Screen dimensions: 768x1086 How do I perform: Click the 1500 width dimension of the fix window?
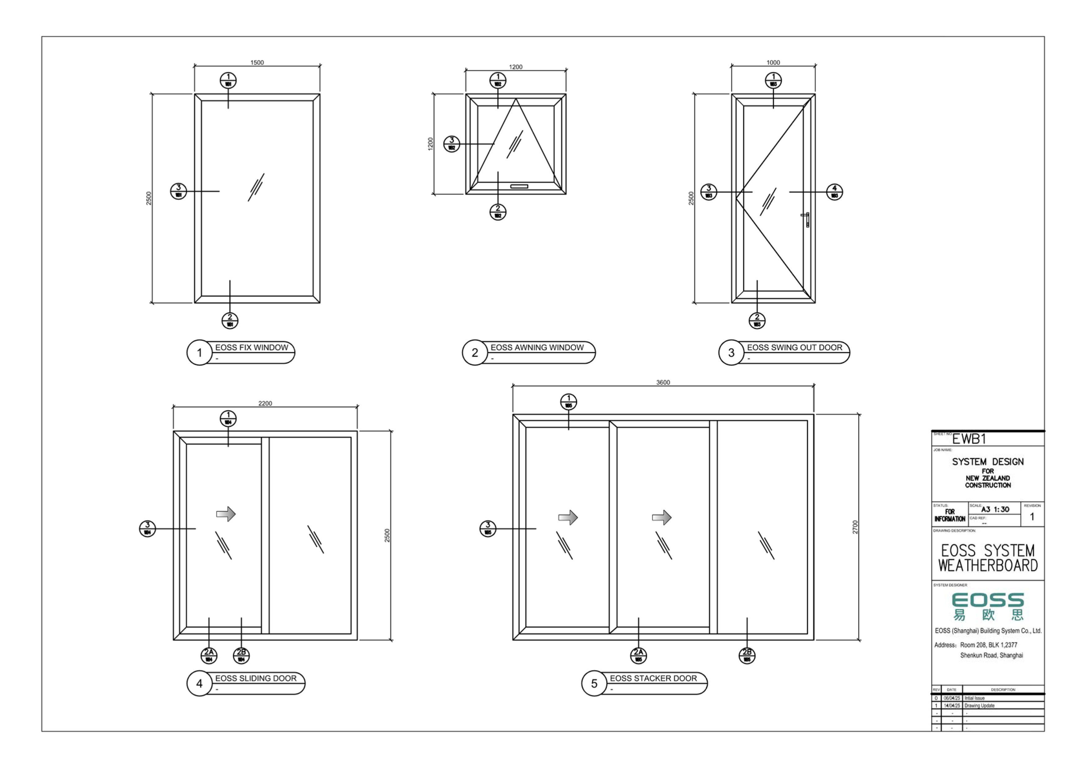pyautogui.click(x=257, y=63)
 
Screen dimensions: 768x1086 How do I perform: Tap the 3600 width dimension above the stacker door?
pyautogui.click(x=663, y=382)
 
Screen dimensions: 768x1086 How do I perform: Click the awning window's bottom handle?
pyautogui.click(x=519, y=186)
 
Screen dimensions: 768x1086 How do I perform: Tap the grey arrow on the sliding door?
pyautogui.click(x=226, y=514)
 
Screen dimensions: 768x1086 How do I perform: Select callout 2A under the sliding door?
pyautogui.click(x=209, y=655)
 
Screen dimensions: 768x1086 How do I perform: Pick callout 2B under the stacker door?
pyautogui.click(x=747, y=655)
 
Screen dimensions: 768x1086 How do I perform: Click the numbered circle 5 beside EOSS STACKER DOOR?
pyautogui.click(x=594, y=683)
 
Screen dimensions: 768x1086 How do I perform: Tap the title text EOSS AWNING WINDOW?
pyautogui.click(x=537, y=347)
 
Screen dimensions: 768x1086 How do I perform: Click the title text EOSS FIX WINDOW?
pyautogui.click(x=252, y=347)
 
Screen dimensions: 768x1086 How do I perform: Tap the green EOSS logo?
pyautogui.click(x=988, y=606)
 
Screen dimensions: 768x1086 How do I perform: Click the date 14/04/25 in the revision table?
pyautogui.click(x=952, y=705)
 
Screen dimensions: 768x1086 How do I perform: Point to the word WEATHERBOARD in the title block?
pyautogui.click(x=988, y=566)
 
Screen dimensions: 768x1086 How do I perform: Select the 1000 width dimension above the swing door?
pyautogui.click(x=773, y=63)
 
